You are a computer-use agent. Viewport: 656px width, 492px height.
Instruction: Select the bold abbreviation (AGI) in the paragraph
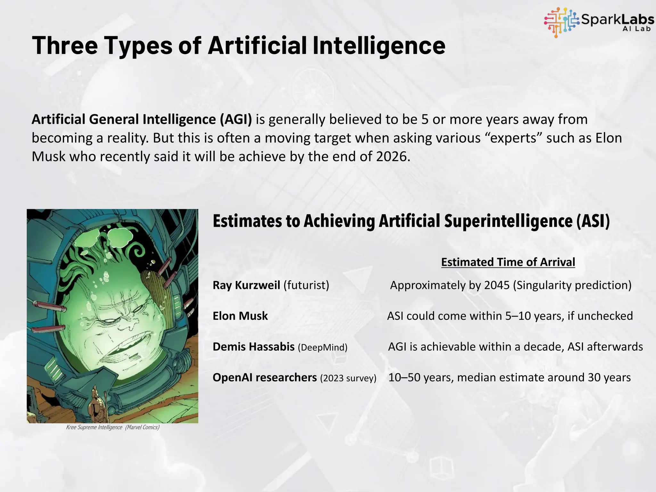pos(236,119)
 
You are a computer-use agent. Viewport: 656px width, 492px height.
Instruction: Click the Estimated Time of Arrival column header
pos(508,262)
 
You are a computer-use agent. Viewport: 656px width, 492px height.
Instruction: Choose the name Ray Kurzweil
pos(246,285)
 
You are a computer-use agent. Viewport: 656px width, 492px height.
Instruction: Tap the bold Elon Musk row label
pos(240,316)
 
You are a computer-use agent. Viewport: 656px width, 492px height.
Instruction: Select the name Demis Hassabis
pos(253,347)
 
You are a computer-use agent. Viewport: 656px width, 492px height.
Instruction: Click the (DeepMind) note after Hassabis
pos(323,347)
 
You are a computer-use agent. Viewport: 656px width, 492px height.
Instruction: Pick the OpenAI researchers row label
pos(265,377)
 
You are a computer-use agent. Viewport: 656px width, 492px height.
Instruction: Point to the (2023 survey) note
pos(348,378)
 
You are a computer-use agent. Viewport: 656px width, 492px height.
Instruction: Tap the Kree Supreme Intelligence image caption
pos(112,427)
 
